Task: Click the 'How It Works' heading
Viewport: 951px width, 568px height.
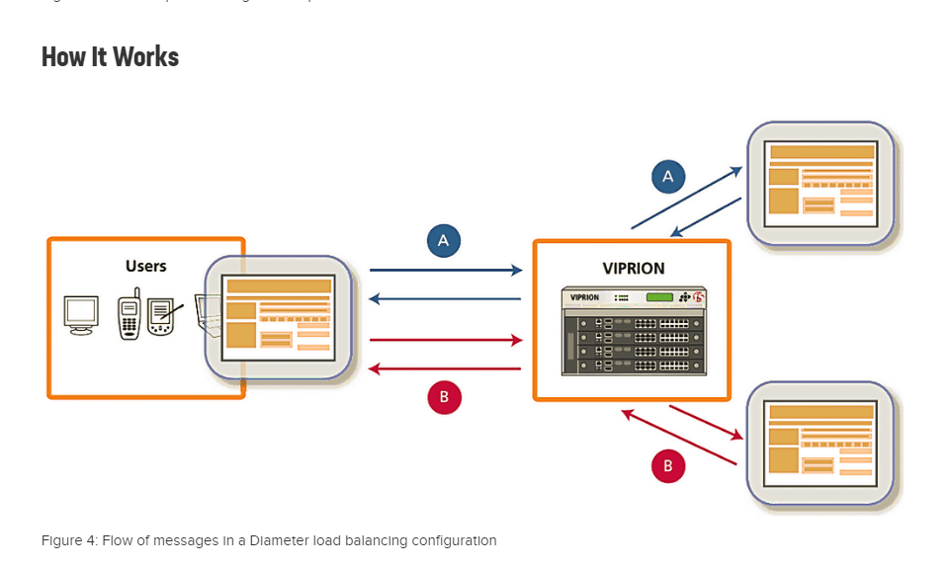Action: click(x=110, y=56)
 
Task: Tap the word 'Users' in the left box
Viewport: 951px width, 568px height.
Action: click(x=145, y=266)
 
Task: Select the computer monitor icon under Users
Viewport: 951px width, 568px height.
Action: click(x=81, y=314)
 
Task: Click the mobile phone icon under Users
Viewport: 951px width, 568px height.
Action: click(x=129, y=316)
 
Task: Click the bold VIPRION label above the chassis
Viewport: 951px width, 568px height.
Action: click(x=633, y=269)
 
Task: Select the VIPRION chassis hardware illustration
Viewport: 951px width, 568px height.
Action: click(x=633, y=331)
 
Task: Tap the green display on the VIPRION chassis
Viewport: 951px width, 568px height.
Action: click(x=659, y=296)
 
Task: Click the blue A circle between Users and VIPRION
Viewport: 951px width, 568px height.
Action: click(x=444, y=240)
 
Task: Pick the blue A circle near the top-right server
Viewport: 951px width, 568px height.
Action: click(x=668, y=177)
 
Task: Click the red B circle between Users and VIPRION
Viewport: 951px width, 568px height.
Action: click(x=444, y=397)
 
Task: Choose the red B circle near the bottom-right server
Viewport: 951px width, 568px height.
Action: click(x=668, y=465)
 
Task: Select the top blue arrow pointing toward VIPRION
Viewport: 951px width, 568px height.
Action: click(x=445, y=270)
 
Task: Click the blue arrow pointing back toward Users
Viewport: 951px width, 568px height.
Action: click(x=445, y=298)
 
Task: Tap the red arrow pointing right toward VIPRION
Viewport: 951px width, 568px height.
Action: click(x=445, y=341)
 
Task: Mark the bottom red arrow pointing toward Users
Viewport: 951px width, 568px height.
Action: click(x=445, y=368)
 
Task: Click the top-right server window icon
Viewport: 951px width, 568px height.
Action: click(x=821, y=183)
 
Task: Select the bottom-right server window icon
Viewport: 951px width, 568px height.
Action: click(x=821, y=443)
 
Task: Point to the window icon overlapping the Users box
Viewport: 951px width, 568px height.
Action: click(x=279, y=317)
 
